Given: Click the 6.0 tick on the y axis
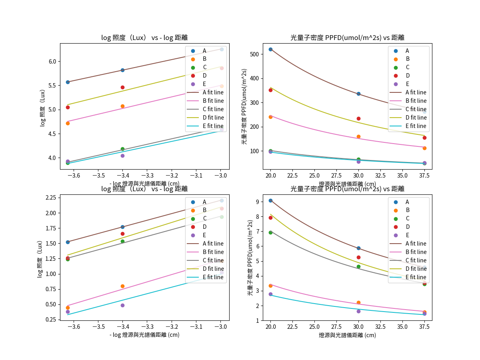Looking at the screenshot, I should pos(52,61).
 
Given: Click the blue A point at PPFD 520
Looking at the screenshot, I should pos(270,49).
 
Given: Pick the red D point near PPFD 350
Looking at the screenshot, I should pos(270,90).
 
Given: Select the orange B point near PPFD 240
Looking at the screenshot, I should pos(270,117).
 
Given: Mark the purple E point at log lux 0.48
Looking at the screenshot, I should pos(122,305).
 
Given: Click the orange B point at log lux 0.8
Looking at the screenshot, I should pos(122,286).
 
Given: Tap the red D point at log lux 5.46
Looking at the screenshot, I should pos(122,87).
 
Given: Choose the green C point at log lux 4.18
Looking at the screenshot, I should pos(122,149).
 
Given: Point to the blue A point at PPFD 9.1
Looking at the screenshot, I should pos(270,200).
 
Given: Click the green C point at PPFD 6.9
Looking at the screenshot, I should pos(270,232).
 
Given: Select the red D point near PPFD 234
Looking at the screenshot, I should pos(358,118).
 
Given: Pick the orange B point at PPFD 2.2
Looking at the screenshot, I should pos(358,302).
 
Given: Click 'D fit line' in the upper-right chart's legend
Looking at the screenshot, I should pos(416,118).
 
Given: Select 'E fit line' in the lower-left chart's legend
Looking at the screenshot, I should pos(213,277).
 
